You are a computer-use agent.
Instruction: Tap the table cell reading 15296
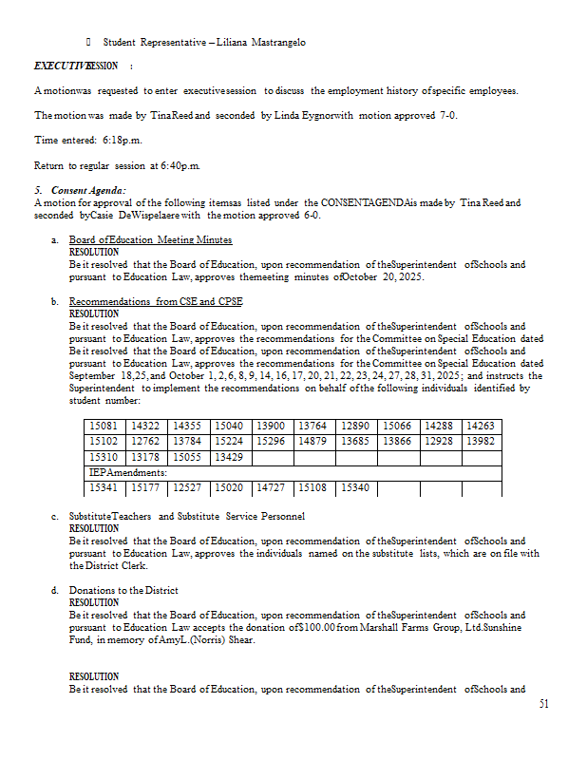(x=272, y=441)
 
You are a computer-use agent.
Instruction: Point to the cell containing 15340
(x=356, y=488)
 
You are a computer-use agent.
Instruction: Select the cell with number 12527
(x=188, y=488)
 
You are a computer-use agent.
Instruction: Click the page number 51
(x=543, y=704)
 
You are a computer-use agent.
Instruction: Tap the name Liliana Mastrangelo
(x=260, y=43)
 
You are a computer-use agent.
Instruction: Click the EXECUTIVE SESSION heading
(x=76, y=66)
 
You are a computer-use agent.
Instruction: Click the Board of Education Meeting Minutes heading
(x=150, y=240)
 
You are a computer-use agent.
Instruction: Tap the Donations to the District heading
(x=123, y=591)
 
